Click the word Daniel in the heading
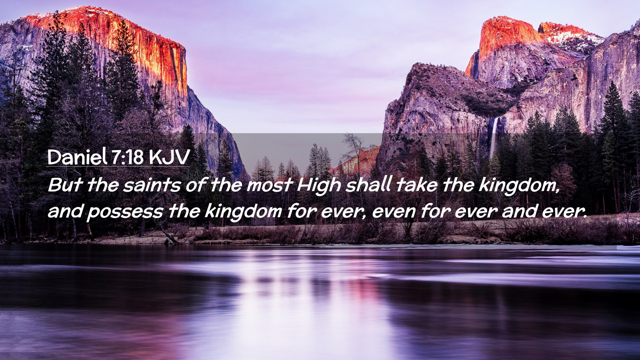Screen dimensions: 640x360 pyautogui.click(x=77, y=157)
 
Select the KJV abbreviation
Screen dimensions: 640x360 pyautogui.click(x=169, y=157)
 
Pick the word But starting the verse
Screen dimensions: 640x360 pyautogui.click(x=65, y=185)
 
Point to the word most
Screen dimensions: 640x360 pyautogui.click(x=269, y=185)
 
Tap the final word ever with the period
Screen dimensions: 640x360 pyautogui.click(x=564, y=212)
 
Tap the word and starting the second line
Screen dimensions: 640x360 pyautogui.click(x=65, y=211)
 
